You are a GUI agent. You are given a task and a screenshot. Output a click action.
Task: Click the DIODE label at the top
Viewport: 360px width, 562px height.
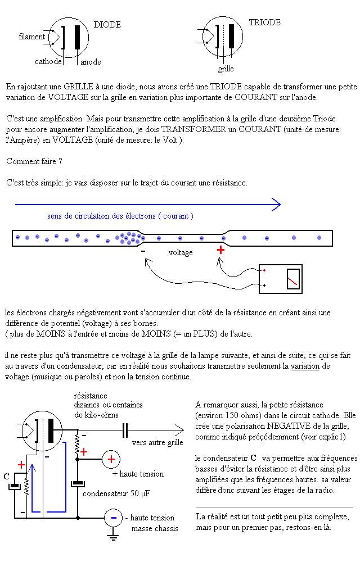tap(107, 25)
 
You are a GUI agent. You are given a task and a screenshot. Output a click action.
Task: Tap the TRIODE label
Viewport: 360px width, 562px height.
tap(264, 23)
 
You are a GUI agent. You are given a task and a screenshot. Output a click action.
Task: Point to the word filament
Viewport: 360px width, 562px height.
tap(31, 37)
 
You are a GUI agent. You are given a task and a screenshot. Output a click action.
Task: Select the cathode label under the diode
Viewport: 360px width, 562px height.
tap(48, 62)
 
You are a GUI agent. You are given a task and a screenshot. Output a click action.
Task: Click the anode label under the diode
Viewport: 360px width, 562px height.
tap(91, 62)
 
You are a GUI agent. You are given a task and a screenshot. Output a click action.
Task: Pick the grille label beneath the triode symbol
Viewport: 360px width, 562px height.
tap(226, 69)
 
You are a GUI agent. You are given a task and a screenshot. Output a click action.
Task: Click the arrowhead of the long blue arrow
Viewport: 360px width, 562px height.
tap(276, 205)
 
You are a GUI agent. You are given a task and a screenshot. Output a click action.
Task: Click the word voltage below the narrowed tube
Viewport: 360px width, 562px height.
tap(181, 253)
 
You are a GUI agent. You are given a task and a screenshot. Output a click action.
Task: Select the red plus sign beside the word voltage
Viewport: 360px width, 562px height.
tap(220, 250)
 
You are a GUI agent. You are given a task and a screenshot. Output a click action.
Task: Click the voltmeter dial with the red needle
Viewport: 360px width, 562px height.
tap(292, 279)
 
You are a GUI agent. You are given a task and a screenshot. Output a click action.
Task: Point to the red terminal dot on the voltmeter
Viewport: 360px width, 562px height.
tap(264, 271)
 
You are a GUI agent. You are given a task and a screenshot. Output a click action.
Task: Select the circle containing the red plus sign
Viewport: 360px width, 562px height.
tap(111, 459)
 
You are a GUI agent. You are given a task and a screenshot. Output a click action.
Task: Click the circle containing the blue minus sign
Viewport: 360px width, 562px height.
tap(113, 517)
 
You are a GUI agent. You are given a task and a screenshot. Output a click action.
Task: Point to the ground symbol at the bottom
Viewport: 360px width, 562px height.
tap(113, 537)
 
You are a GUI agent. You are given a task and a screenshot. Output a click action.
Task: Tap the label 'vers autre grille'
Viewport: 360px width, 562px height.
tap(157, 442)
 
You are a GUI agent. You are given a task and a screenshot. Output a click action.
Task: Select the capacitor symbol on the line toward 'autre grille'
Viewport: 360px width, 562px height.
tap(125, 430)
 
